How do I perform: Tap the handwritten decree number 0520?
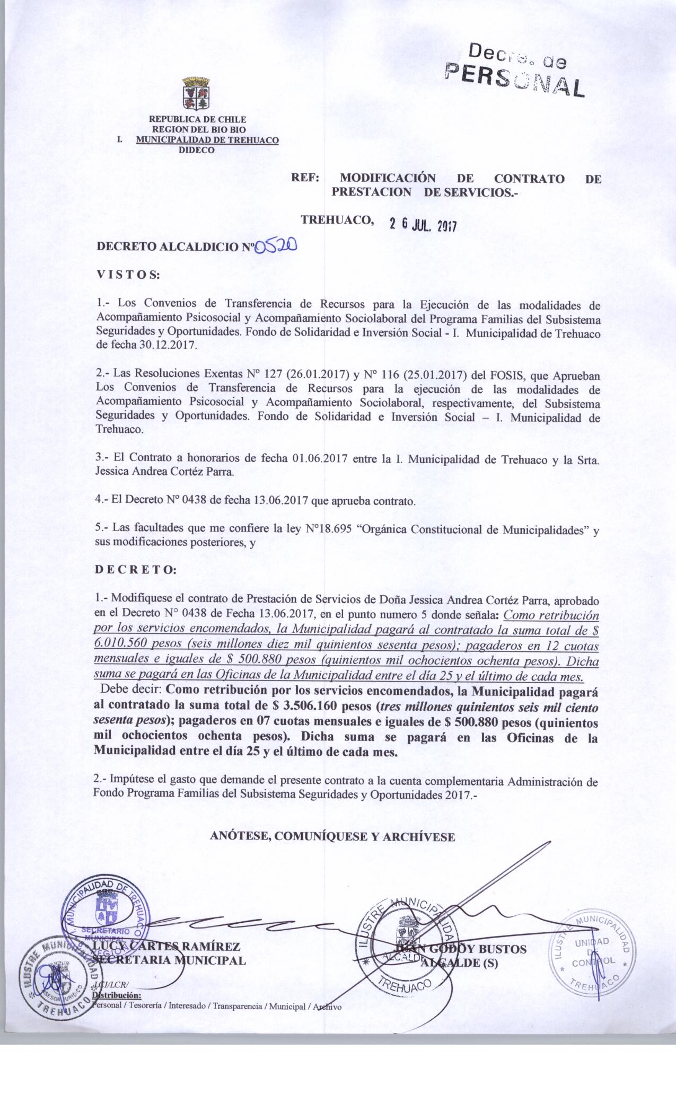pyautogui.click(x=276, y=246)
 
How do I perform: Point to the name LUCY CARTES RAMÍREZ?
pyautogui.click(x=166, y=947)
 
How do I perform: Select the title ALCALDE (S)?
pyautogui.click(x=459, y=963)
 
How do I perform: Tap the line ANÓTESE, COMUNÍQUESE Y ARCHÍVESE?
pyautogui.click(x=332, y=836)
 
